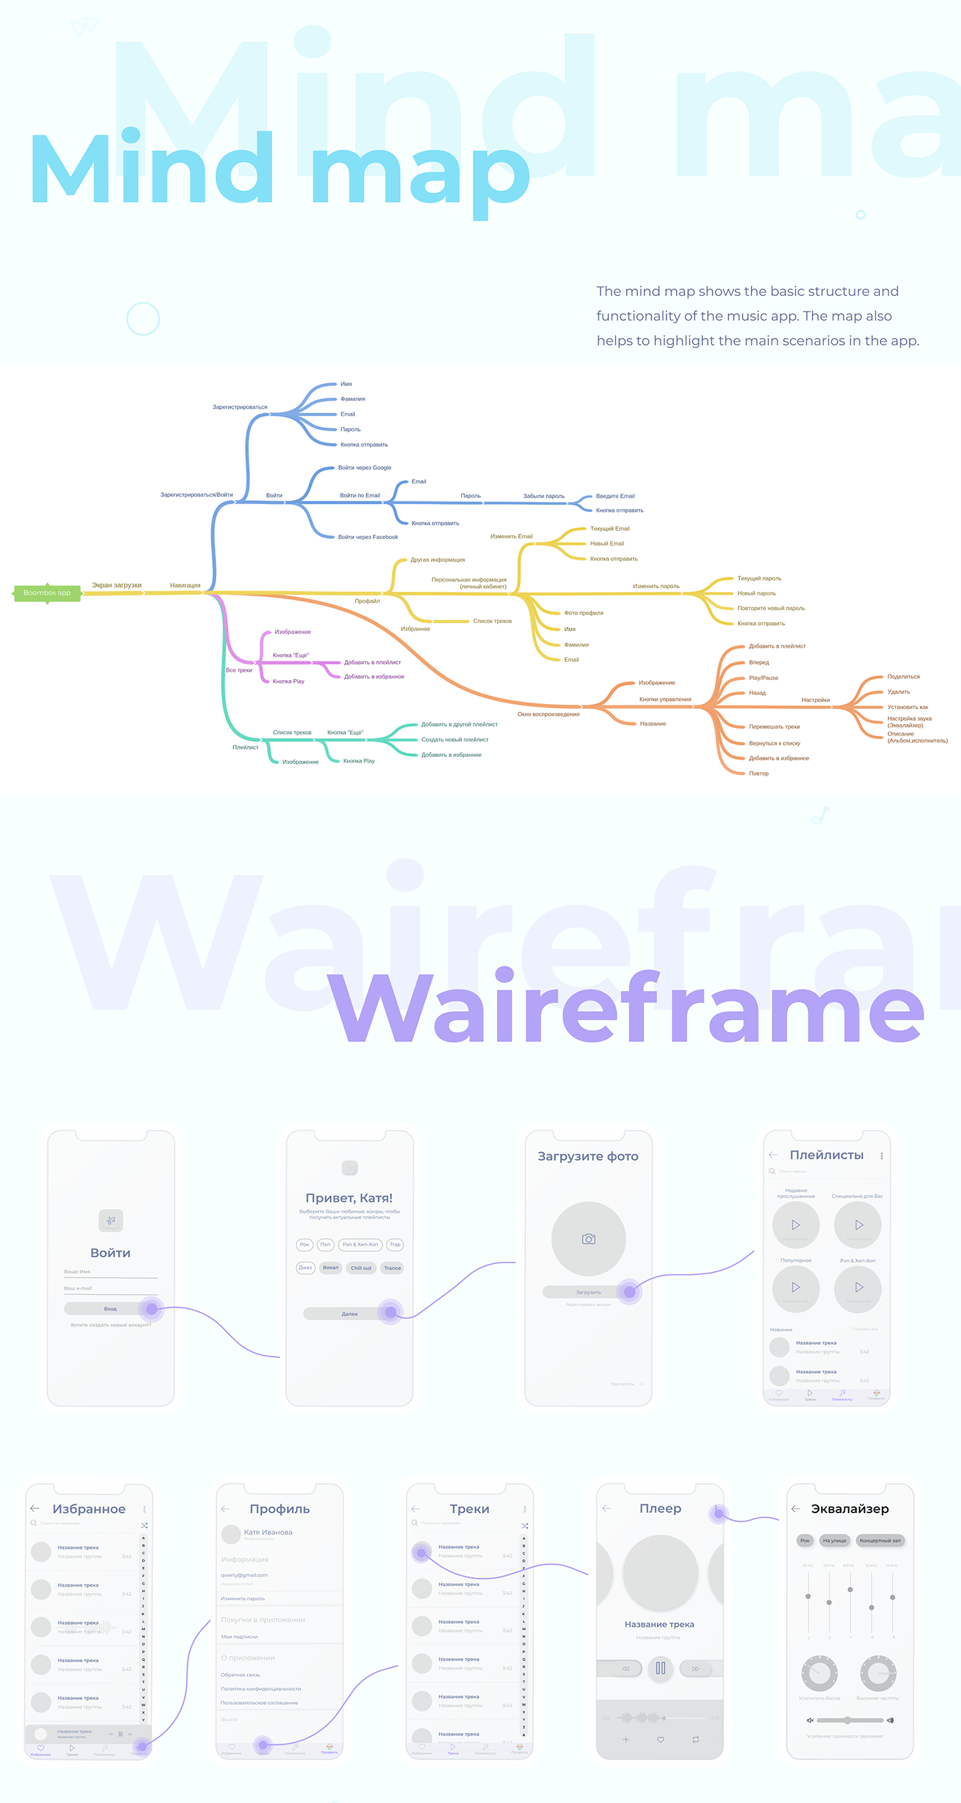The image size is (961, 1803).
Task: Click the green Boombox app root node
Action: click(47, 593)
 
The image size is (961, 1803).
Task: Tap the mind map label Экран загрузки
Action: click(117, 585)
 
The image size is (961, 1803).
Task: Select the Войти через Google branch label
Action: click(364, 468)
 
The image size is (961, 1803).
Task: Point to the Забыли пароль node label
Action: click(544, 496)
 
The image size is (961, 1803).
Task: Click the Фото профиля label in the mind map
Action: click(583, 613)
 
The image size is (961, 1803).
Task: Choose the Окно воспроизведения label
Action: click(548, 714)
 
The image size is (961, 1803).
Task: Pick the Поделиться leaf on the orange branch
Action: click(903, 677)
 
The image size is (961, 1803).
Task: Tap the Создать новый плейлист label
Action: click(454, 740)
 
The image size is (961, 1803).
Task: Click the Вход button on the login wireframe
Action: click(111, 1308)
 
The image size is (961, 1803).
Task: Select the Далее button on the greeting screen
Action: click(349, 1314)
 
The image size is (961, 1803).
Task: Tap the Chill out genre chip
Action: click(361, 1267)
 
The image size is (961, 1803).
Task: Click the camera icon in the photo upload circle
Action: click(589, 1239)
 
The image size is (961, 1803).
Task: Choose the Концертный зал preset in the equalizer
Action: click(880, 1541)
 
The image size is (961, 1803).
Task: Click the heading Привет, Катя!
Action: click(349, 1198)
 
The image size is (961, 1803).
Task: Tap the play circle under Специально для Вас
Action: click(858, 1225)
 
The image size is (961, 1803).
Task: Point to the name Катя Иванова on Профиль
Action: click(268, 1532)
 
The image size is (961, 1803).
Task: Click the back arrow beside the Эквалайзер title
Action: click(796, 1508)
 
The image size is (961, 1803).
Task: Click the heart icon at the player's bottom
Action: click(660, 1739)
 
